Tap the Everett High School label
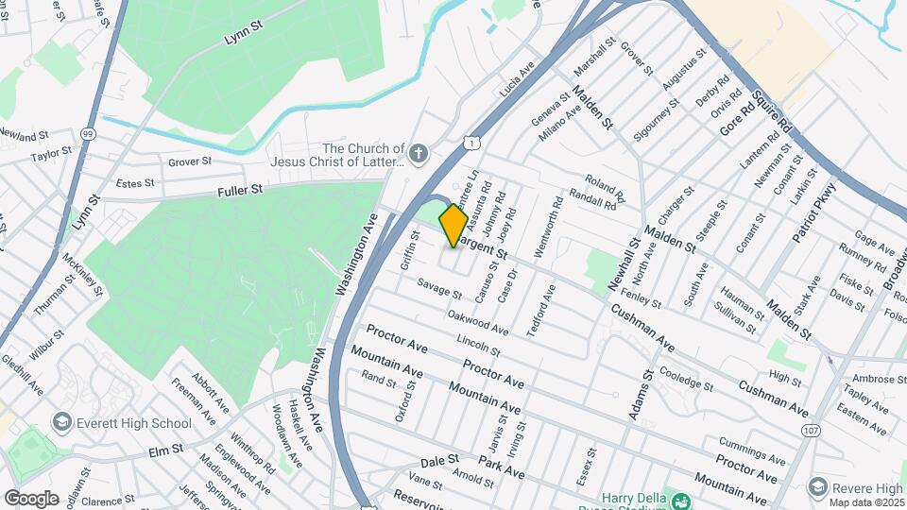[133, 423]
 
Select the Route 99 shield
[88, 133]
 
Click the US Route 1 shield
[469, 143]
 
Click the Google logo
[31, 498]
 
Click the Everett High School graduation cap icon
[63, 422]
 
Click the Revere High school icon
[816, 487]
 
